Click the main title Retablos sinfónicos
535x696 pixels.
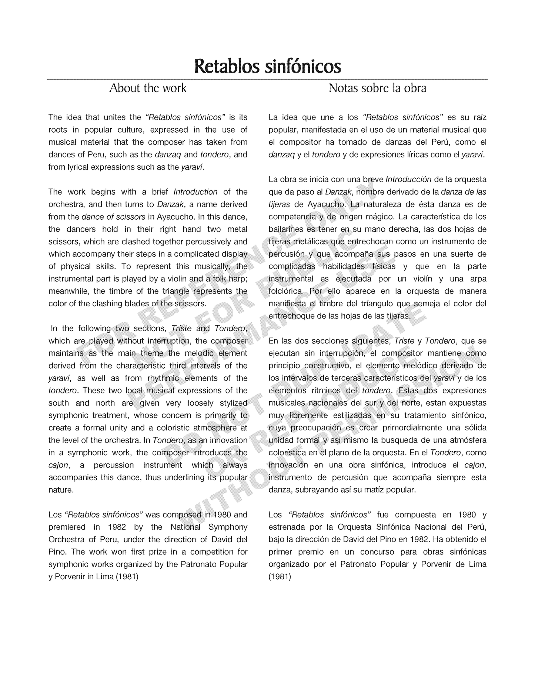(267, 67)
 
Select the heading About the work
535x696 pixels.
(148, 88)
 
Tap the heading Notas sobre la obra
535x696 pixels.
(377, 88)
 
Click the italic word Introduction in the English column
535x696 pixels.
(195, 192)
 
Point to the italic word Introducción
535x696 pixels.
(408, 180)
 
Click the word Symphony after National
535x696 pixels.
(228, 527)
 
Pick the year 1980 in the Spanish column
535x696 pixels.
(467, 515)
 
